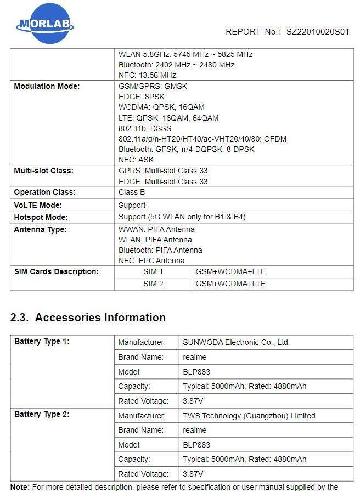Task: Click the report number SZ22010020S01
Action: click(317, 32)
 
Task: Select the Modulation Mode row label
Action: click(47, 86)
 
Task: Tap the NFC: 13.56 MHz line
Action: click(147, 75)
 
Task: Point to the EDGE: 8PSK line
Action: click(141, 97)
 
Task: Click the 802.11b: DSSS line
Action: click(145, 128)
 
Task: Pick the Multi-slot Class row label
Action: click(43, 171)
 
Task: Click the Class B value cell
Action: click(132, 193)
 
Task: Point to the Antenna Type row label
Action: click(40, 229)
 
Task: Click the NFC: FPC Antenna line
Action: click(151, 261)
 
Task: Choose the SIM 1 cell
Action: click(153, 271)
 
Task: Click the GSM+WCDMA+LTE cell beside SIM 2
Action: click(230, 284)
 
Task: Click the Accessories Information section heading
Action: click(88, 318)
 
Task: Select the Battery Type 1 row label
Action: click(42, 342)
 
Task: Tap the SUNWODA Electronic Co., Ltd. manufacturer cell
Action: click(236, 342)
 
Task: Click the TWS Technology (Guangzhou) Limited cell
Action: click(249, 416)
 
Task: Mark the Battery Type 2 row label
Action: click(42, 415)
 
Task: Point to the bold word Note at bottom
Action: click(20, 487)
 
